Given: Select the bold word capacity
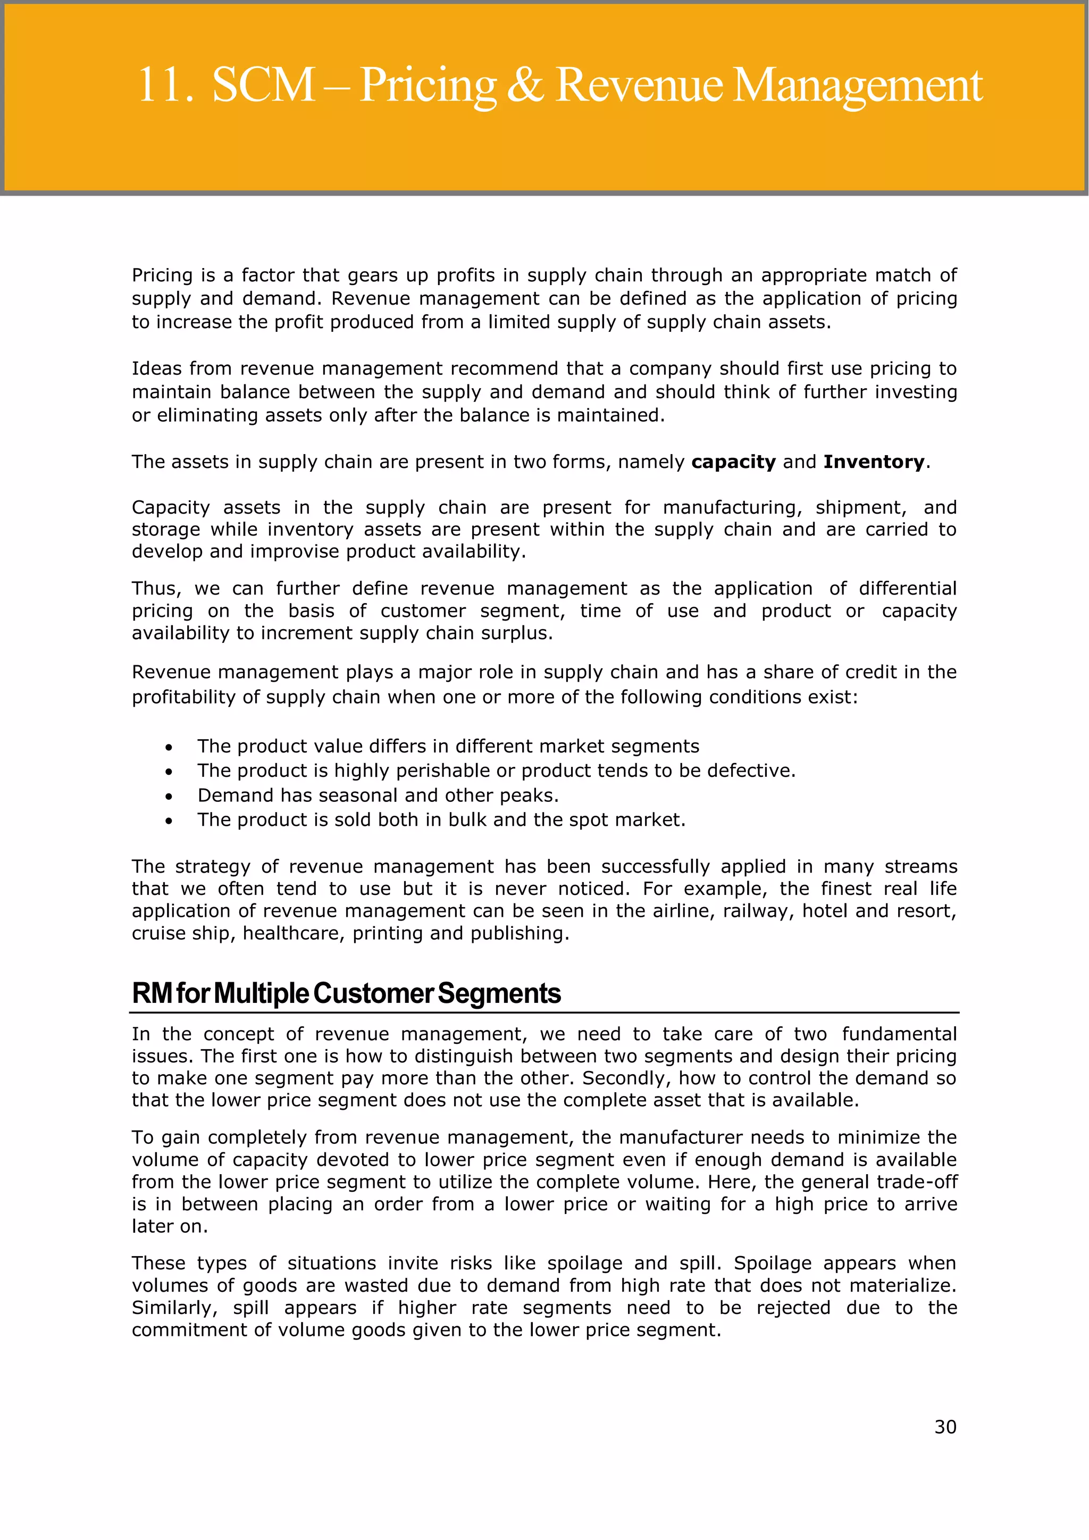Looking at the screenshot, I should coord(733,462).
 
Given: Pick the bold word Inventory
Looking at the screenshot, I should coord(873,462).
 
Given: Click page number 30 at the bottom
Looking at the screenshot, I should coord(945,1427).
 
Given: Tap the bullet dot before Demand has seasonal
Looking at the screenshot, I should coord(169,797).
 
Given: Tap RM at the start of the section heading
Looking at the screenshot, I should coord(152,994).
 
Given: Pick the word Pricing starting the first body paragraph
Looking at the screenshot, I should coord(162,275).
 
